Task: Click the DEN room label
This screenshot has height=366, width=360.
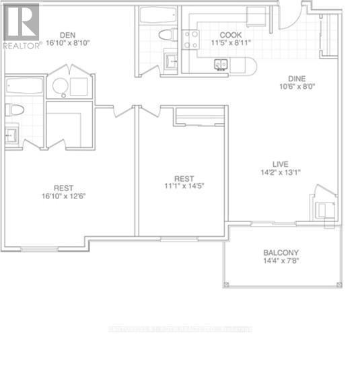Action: coord(66,36)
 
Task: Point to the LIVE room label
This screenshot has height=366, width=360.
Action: coord(282,163)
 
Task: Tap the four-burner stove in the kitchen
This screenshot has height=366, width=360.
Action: coord(190,40)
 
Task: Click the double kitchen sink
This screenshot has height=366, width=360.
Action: coord(221,65)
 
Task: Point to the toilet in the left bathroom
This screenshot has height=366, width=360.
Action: coord(15,110)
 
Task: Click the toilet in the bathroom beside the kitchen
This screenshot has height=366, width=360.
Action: coord(166,35)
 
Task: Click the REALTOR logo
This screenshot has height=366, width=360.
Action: coord(22,25)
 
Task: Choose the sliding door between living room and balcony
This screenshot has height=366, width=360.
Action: coord(272,223)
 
